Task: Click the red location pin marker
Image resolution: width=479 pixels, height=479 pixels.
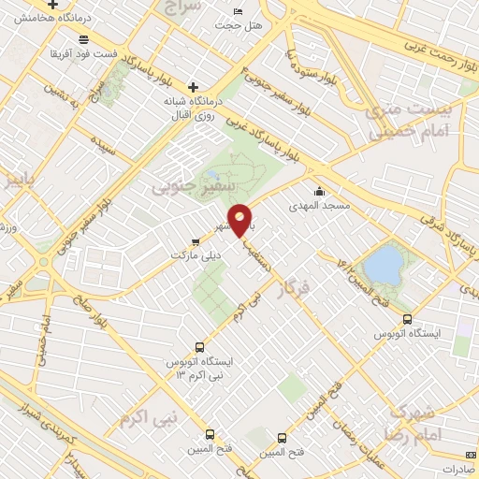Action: click(240, 220)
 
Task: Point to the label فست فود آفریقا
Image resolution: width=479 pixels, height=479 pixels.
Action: click(85, 54)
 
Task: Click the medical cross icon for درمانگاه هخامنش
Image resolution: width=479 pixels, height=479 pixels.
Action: click(65, 5)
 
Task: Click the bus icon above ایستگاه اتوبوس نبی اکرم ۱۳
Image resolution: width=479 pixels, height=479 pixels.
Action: click(198, 346)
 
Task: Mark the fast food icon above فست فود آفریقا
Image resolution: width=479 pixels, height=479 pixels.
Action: click(85, 39)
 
